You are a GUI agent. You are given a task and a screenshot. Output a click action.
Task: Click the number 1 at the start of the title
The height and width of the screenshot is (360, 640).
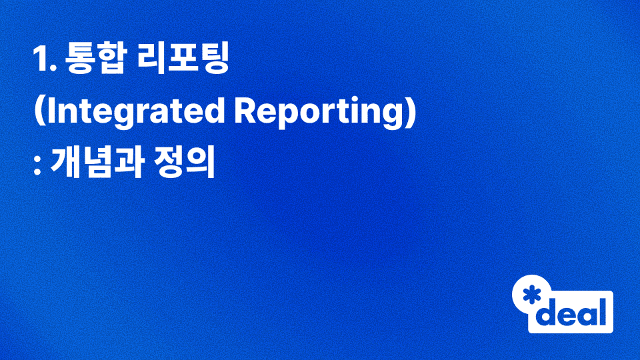click(x=40, y=61)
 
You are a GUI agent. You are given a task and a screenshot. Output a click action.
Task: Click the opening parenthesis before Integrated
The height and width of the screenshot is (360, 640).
click(x=38, y=113)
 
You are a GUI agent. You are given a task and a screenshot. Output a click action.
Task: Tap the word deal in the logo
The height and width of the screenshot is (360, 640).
click(x=573, y=311)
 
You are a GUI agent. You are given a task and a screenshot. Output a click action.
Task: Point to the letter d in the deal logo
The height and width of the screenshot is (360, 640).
click(x=548, y=311)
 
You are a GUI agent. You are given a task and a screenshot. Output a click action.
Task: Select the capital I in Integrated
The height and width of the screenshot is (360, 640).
click(x=49, y=113)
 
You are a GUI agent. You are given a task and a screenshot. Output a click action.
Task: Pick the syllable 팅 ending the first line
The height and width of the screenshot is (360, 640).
click(x=214, y=61)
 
